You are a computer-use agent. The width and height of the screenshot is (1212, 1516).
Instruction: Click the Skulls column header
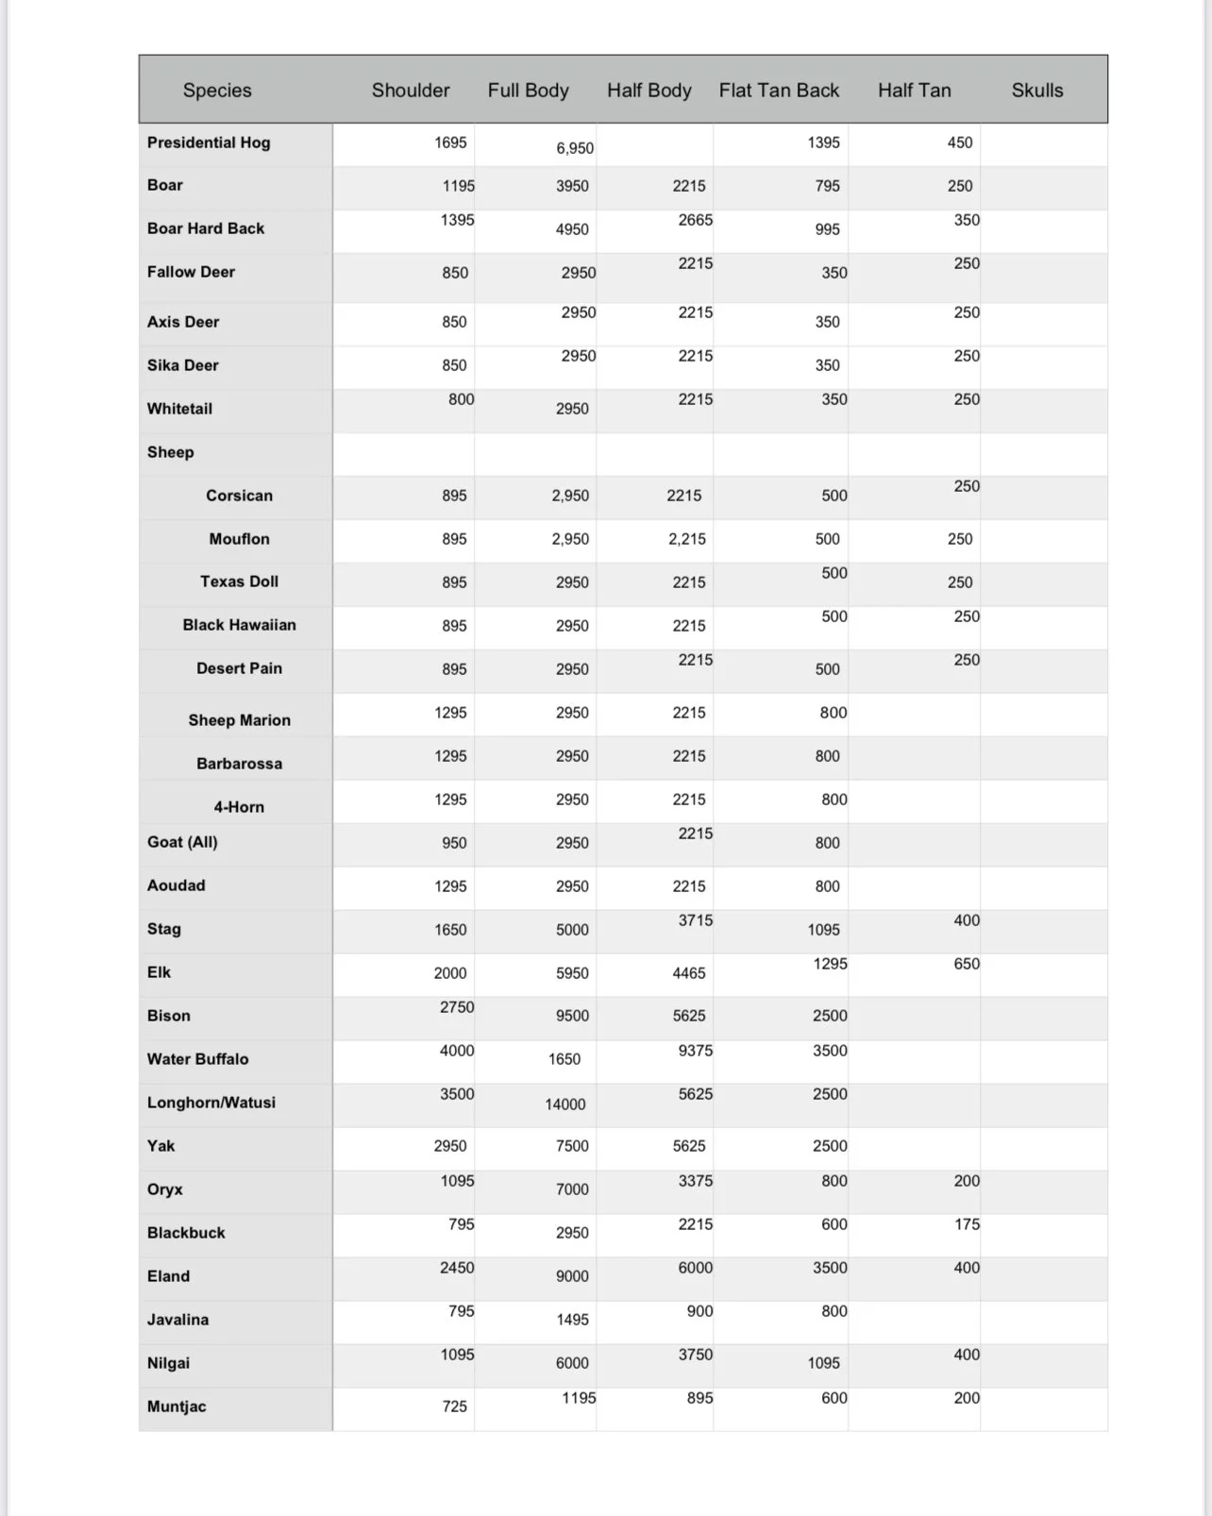tap(1036, 91)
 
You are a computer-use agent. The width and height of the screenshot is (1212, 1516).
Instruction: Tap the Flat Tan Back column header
tap(779, 91)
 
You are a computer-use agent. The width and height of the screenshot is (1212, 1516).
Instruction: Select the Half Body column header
tap(648, 91)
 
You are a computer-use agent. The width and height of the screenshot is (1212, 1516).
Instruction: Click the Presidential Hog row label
tap(209, 143)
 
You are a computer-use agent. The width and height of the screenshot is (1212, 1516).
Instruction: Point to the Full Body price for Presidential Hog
tap(575, 148)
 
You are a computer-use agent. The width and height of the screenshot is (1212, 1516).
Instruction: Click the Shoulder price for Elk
tap(450, 973)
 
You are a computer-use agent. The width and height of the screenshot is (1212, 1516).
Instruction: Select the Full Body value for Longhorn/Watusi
tap(565, 1104)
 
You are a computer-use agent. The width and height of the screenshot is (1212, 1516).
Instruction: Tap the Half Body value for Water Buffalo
tap(696, 1051)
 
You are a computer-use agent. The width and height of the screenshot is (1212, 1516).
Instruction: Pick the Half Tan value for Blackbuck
tap(967, 1224)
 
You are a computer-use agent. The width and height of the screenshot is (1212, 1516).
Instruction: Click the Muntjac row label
tap(177, 1407)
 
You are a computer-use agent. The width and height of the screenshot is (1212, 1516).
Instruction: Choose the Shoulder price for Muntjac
tap(454, 1407)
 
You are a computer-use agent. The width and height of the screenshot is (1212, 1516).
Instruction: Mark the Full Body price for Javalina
tap(572, 1320)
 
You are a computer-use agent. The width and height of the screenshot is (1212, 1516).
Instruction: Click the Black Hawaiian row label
tap(239, 625)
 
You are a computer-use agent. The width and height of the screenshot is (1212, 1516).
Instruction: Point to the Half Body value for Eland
tap(696, 1268)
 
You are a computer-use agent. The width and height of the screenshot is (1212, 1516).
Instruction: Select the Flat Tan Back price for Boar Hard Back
tap(827, 229)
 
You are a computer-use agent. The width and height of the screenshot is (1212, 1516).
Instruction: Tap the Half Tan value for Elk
tap(967, 964)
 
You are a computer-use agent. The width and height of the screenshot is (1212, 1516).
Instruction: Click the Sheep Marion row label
tap(239, 720)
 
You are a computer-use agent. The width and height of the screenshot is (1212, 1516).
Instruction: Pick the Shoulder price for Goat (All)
tap(454, 843)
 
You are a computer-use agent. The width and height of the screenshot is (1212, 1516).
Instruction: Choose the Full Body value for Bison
tap(572, 1016)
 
